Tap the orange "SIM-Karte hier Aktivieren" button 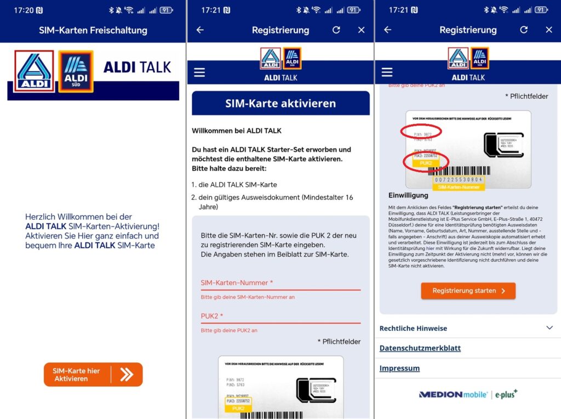[x=93, y=375]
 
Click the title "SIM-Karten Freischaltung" [x=93, y=30]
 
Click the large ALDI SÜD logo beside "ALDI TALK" [x=76, y=71]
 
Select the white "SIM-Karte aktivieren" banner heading [x=280, y=103]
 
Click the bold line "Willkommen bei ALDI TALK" [x=237, y=131]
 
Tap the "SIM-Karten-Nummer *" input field [x=280, y=283]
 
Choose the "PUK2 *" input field [x=280, y=316]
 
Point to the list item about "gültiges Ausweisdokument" [x=277, y=202]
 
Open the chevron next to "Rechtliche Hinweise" [x=549, y=328]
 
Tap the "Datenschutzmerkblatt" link [x=420, y=348]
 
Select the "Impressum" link [x=399, y=369]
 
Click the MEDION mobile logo [x=455, y=394]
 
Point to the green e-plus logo [x=507, y=394]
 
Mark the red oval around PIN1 [x=421, y=132]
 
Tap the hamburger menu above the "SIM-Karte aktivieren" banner [x=199, y=72]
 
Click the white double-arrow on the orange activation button [x=127, y=375]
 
